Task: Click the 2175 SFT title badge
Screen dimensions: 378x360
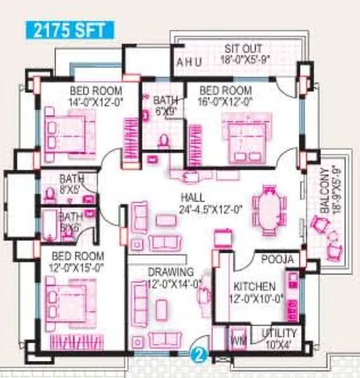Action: pos(70,29)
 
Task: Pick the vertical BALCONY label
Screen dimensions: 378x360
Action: pos(325,189)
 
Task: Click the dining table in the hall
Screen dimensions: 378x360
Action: pos(272,205)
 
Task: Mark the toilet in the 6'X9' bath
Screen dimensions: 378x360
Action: pos(164,140)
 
